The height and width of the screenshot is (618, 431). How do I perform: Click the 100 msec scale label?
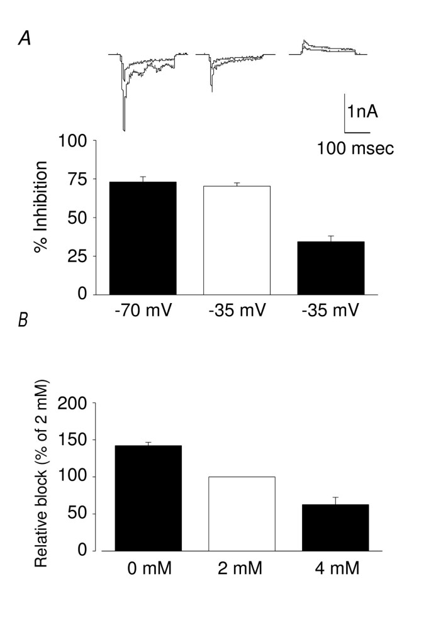355,150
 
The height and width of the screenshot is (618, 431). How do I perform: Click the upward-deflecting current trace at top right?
326,48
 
